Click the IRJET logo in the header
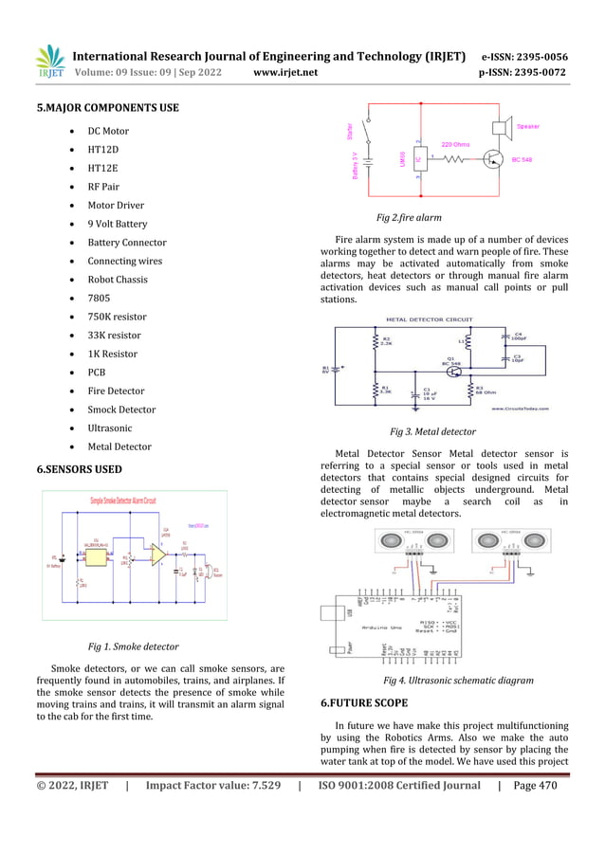(49, 61)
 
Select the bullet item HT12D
(102, 150)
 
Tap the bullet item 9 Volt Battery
(118, 225)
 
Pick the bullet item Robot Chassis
(118, 280)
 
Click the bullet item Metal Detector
(119, 446)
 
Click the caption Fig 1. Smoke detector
(133, 646)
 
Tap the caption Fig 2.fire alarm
(409, 217)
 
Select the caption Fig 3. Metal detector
(432, 431)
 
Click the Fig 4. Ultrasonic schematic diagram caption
(458, 680)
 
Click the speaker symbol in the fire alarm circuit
(504, 128)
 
